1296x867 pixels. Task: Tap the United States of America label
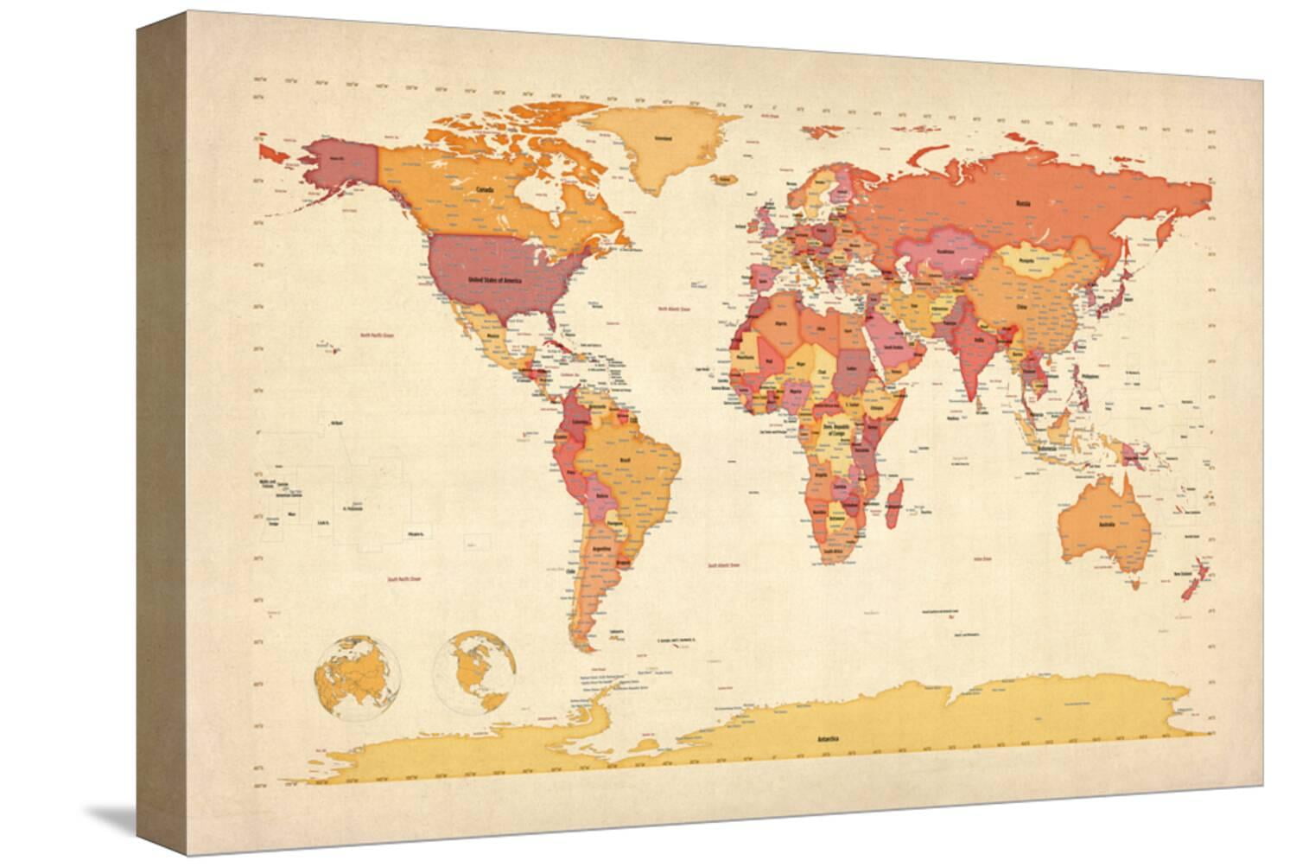(x=494, y=280)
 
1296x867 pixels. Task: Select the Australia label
(x=1106, y=525)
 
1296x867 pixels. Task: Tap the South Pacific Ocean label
(x=403, y=580)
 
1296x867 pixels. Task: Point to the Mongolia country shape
(x=1026, y=259)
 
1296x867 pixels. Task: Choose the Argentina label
(x=603, y=549)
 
